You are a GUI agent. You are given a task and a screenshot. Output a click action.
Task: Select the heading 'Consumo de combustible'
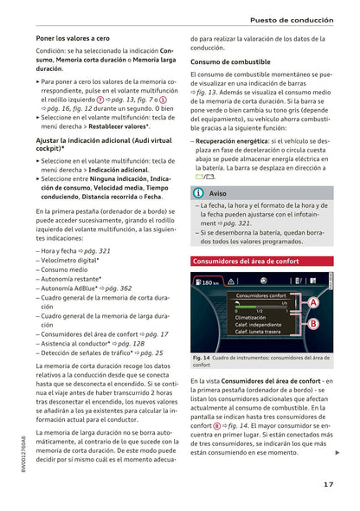click(x=230, y=62)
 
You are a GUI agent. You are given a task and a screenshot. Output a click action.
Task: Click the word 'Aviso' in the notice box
click(x=219, y=193)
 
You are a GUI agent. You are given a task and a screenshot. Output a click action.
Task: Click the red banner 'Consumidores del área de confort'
click(x=247, y=260)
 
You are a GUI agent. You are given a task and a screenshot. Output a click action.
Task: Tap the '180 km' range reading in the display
click(x=208, y=282)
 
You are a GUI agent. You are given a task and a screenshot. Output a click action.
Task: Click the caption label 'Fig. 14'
click(x=200, y=358)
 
